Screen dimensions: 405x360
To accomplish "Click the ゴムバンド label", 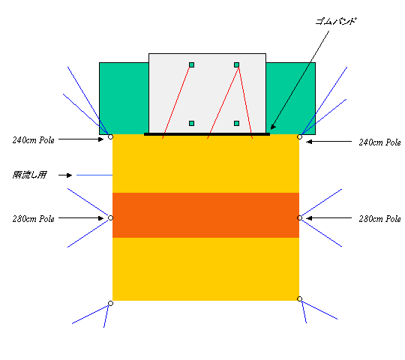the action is pos(336,21).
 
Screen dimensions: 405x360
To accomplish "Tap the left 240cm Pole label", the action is pos(34,140).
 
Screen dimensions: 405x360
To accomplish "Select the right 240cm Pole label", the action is pos(379,142).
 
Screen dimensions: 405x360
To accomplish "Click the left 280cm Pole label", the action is pos(34,219).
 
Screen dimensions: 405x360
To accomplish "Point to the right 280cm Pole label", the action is pos(379,219).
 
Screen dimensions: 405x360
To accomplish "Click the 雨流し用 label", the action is pos(29,175).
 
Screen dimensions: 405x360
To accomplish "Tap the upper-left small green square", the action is pos(191,64).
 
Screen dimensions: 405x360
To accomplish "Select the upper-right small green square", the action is pos(236,64).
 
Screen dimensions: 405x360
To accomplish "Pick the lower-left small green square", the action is pos(191,124).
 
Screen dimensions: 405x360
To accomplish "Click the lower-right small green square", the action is pos(236,124).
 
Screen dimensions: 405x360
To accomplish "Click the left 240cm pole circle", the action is pos(110,136).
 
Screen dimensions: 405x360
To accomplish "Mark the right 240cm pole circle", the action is pos(299,136).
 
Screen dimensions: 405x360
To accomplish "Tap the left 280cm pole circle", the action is pos(110,218).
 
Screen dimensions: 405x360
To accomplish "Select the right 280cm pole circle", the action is pos(299,218).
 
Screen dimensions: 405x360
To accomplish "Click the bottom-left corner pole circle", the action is pos(110,303).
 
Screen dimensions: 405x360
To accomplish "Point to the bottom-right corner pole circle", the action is pos(299,298).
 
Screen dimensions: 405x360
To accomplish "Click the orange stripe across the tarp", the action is pos(205,215).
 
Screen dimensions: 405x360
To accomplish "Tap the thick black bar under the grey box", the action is pos(207,134).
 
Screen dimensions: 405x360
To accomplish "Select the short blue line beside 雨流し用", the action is pos(94,175).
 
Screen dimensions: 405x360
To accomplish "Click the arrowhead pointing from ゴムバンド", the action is pos(273,127).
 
